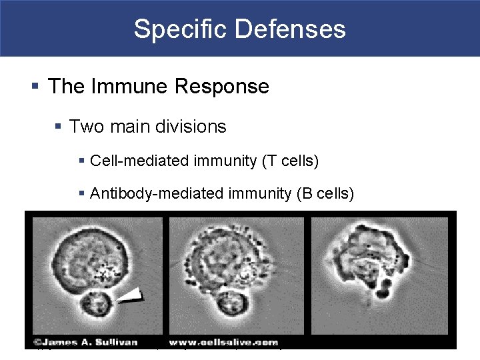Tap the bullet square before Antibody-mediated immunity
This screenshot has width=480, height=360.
[81, 194]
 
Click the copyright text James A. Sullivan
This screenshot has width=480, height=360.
[83, 341]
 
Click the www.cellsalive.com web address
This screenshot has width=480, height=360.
[229, 341]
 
